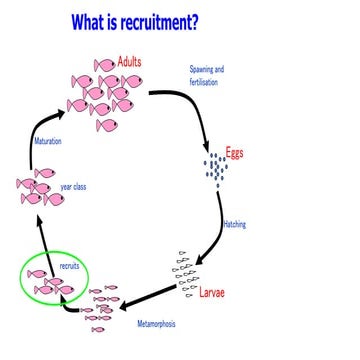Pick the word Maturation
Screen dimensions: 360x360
47,142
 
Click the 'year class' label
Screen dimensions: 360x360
73,187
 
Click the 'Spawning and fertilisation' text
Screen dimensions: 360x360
207,75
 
